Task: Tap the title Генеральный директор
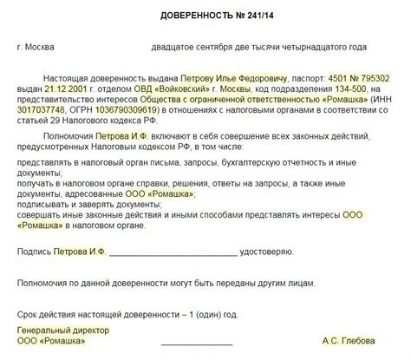(x=57, y=329)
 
